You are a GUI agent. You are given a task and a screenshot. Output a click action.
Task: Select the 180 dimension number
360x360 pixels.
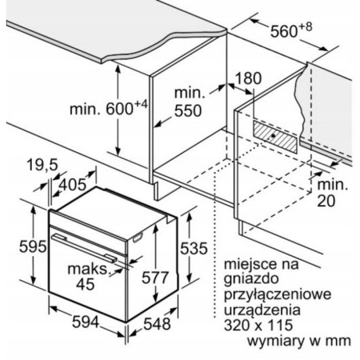[248, 78]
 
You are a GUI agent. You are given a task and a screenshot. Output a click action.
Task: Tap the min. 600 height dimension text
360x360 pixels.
[108, 107]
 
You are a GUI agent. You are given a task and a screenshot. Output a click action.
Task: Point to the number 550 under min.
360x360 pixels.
[187, 111]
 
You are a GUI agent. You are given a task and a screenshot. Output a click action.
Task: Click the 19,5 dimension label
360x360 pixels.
[43, 164]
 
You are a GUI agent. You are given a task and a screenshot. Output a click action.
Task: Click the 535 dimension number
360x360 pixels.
[194, 248]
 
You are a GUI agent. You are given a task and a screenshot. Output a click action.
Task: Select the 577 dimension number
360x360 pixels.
[155, 277]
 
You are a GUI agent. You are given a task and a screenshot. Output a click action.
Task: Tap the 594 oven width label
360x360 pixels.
[86, 322]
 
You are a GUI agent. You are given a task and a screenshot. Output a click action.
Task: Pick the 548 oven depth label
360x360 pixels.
[157, 324]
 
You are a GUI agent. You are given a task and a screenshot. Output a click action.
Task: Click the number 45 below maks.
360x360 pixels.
[86, 284]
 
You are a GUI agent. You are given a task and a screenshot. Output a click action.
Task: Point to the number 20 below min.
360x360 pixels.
[326, 200]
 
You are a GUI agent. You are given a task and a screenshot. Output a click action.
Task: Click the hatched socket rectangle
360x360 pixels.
[275, 137]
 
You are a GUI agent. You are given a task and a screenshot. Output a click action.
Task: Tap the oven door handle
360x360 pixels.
[84, 248]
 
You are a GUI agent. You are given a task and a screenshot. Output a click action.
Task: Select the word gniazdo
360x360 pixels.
[251, 279]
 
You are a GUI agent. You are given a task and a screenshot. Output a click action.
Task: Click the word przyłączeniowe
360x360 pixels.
[278, 295]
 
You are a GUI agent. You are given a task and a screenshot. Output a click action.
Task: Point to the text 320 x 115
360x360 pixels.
[258, 325]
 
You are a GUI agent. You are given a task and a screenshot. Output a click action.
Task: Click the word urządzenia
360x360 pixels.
[262, 310]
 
